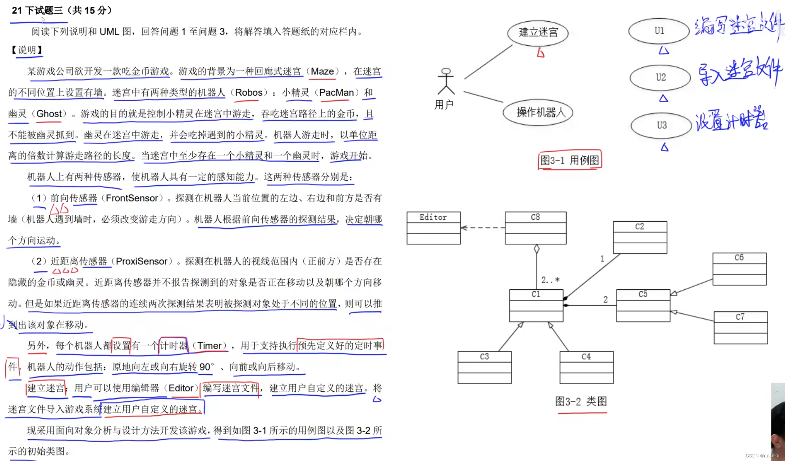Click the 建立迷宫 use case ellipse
(538, 32)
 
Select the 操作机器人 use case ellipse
(538, 112)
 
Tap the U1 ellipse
(659, 31)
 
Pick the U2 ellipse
(660, 77)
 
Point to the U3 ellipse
(661, 125)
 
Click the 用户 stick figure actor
(446, 82)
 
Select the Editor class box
(433, 228)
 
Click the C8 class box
(535, 228)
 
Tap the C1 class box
(536, 305)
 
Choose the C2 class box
(640, 237)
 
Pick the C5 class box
(643, 305)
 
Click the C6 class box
(739, 269)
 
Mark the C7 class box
(740, 328)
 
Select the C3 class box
(484, 367)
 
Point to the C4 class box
(586, 367)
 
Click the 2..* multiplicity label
(550, 280)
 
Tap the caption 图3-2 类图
(581, 401)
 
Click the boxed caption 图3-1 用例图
(570, 160)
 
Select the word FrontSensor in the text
(132, 198)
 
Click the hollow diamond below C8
(537, 249)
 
